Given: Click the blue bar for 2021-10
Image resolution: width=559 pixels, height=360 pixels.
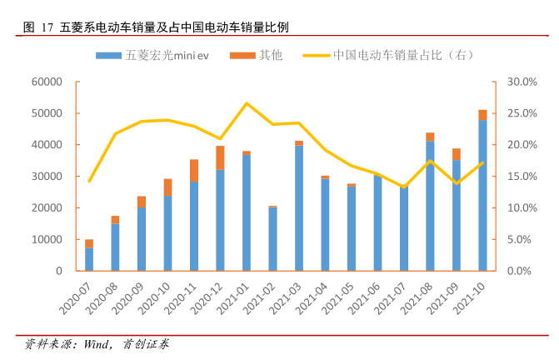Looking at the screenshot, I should pos(482,195).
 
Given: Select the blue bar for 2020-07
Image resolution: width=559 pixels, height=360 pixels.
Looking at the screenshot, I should pos(89,259).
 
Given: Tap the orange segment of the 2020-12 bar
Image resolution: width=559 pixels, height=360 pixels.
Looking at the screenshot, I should pos(220,157).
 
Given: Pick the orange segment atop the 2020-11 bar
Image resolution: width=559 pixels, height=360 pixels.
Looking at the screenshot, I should pos(194,170).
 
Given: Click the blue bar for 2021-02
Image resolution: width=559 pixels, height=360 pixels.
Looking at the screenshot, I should pos(272,239).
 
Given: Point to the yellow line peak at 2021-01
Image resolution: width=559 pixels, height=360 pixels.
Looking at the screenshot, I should pos(247,103).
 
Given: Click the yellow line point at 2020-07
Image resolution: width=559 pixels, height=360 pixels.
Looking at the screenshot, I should pos(89,181).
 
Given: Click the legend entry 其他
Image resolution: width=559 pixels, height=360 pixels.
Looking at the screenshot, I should pos(260,56).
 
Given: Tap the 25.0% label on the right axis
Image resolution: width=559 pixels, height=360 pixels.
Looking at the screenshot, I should pos(522,113).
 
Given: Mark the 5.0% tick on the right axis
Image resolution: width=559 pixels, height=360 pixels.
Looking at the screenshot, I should pos(522,240).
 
